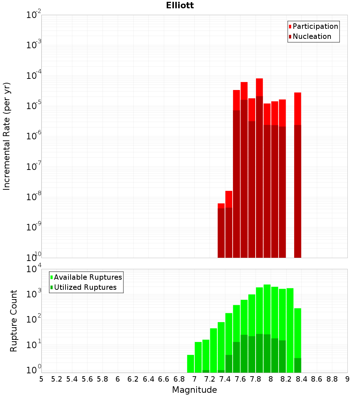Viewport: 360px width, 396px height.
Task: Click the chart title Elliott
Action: [180, 5]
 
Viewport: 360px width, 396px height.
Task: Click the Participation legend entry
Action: [315, 26]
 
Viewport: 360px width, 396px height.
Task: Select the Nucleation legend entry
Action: [312, 36]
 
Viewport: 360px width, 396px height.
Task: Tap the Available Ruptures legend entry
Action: [88, 277]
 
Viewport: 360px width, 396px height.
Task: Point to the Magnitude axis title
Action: [194, 390]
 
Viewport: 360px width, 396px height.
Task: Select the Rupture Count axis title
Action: [14, 321]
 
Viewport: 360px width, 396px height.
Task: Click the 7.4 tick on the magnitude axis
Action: [225, 379]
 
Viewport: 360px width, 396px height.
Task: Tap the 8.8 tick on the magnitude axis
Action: [332, 379]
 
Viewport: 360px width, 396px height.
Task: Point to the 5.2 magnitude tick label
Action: [57, 379]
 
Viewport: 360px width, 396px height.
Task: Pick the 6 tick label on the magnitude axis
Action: [118, 379]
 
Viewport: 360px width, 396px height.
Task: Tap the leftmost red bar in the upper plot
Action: [221, 230]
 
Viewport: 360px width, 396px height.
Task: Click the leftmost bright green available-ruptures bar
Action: [190, 364]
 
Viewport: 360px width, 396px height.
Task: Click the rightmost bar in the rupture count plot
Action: [297, 340]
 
